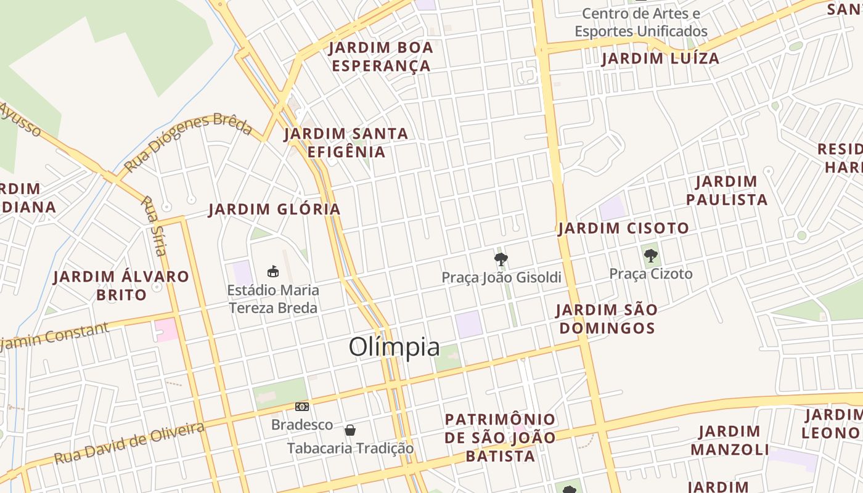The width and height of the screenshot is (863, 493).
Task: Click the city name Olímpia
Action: click(395, 348)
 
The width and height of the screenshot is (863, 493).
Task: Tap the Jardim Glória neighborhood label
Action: click(274, 210)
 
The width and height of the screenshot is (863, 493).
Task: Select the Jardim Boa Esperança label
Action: click(381, 57)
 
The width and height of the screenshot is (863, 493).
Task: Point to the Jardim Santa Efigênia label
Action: click(346, 142)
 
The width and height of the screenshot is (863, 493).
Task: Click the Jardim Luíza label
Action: click(660, 59)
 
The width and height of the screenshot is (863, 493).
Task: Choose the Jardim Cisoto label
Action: click(623, 229)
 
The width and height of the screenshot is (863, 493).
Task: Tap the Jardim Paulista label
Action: click(727, 190)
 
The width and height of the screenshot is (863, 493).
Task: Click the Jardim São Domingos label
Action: click(606, 319)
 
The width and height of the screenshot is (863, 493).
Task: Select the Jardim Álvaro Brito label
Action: click(121, 285)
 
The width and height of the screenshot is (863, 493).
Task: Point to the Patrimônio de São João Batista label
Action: click(500, 438)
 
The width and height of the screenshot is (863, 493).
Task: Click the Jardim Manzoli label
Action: click(730, 440)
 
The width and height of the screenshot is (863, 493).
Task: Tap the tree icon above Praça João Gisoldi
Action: click(501, 259)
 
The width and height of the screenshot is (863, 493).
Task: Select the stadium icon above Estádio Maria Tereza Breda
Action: click(272, 271)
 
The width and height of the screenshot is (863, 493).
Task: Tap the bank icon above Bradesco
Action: click(302, 407)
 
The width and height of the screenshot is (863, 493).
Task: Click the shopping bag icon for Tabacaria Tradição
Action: click(350, 430)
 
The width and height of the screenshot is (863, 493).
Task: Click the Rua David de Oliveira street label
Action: click(129, 444)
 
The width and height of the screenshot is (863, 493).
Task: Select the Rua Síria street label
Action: click(154, 226)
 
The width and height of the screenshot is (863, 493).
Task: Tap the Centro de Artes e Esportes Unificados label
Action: click(641, 22)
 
